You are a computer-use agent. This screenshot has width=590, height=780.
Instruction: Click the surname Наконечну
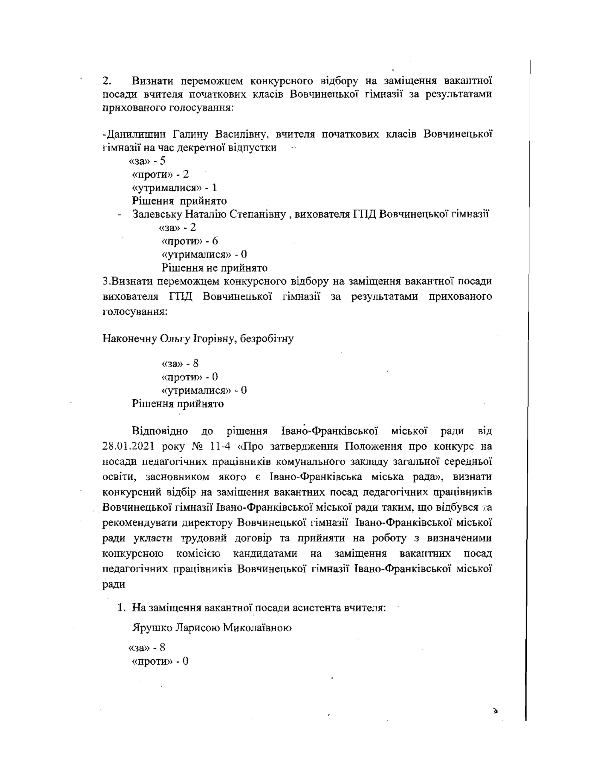pyautogui.click(x=129, y=339)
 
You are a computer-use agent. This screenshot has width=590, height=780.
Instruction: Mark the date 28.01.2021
pyautogui.click(x=128, y=446)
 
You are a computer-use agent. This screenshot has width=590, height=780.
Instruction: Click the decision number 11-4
pyautogui.click(x=220, y=446)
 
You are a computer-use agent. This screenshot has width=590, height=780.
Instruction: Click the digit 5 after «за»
pyautogui.click(x=163, y=161)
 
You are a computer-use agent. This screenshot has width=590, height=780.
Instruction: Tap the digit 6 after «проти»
pyautogui.click(x=215, y=241)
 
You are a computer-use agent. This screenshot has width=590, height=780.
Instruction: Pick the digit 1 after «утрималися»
pyautogui.click(x=214, y=188)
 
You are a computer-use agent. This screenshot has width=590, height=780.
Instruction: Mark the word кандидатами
pyautogui.click(x=265, y=553)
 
